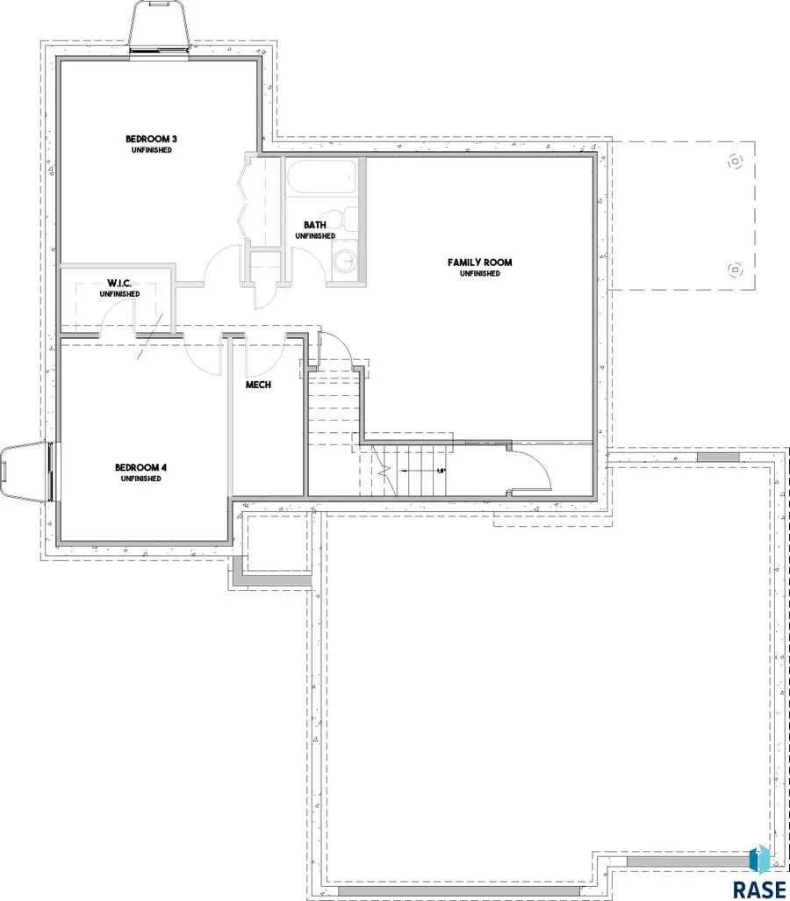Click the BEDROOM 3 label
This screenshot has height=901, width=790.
tap(147, 139)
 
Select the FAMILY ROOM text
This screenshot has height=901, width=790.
tap(479, 263)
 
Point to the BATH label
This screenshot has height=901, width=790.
tap(315, 225)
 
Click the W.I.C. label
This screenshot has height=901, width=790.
tap(118, 283)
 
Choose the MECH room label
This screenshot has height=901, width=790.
tap(257, 384)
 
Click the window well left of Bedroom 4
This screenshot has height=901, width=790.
tap(24, 472)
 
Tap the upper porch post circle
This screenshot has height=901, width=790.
tap(735, 162)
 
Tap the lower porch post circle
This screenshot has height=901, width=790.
tap(735, 270)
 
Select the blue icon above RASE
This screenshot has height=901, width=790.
tap(759, 858)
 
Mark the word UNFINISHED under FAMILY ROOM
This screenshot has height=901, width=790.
tap(479, 274)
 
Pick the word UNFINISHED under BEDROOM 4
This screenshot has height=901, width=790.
tap(141, 479)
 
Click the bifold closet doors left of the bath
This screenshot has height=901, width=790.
tap(245, 198)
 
